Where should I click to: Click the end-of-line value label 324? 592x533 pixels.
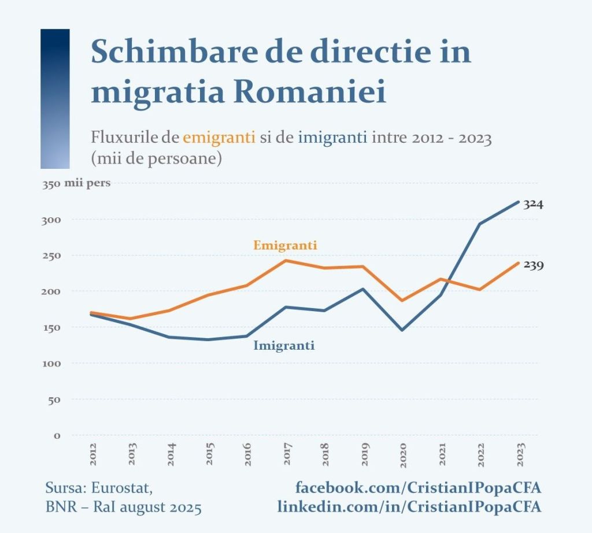tap(533, 204)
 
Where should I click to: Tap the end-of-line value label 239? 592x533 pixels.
tap(533, 265)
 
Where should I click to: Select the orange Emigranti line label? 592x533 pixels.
tap(285, 245)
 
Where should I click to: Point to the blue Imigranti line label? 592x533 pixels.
tap(284, 346)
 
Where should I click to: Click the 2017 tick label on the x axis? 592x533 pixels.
tap(287, 455)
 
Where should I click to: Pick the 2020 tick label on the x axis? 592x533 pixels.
tap(403, 455)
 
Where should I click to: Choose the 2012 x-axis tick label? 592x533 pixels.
tap(94, 455)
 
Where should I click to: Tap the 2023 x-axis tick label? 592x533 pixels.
tap(519, 455)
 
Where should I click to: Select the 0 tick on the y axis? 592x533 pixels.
tap(57, 435)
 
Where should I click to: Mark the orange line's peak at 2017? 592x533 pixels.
tap(286, 261)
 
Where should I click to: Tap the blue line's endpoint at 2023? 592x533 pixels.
tap(518, 202)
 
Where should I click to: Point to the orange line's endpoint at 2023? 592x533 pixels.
tap(518, 263)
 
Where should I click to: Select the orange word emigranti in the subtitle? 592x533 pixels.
tap(219, 138)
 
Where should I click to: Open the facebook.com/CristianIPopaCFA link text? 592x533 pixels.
tap(418, 487)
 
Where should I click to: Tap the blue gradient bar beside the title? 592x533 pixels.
tap(55, 98)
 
